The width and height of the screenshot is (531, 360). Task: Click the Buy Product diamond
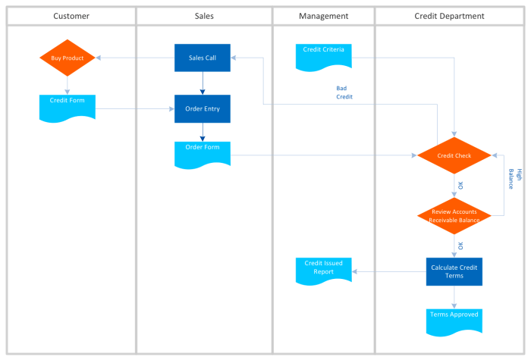(x=68, y=58)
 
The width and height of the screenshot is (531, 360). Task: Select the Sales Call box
(x=203, y=58)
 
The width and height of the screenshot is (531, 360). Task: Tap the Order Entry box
(x=203, y=108)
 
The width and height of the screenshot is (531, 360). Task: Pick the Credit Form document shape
(x=68, y=108)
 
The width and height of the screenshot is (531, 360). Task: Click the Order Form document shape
(x=203, y=155)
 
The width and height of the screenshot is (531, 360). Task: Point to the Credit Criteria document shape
(x=324, y=57)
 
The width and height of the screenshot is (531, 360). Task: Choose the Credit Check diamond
(x=454, y=155)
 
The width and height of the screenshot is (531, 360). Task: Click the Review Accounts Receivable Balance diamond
(x=454, y=216)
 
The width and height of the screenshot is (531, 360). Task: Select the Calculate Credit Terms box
(x=454, y=271)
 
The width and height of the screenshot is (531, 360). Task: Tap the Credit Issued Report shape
(x=324, y=271)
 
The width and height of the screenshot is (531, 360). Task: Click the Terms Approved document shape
(x=454, y=321)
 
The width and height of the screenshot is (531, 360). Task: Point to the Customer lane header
(x=71, y=16)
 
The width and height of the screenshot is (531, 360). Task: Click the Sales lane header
(x=204, y=16)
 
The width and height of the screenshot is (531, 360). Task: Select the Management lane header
(x=323, y=16)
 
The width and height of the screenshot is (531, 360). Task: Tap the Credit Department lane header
(x=449, y=16)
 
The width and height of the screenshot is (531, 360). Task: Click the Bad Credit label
(x=344, y=92)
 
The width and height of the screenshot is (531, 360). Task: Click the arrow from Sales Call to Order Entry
(x=203, y=83)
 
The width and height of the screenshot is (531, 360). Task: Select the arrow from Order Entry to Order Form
(x=203, y=132)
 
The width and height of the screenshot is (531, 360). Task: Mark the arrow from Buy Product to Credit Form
(x=67, y=86)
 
